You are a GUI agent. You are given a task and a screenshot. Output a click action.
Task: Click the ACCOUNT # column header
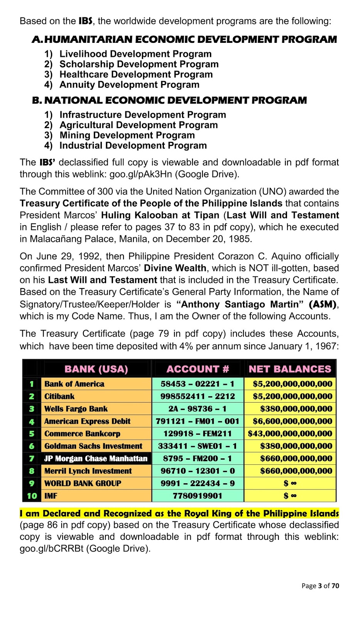[x=198, y=369]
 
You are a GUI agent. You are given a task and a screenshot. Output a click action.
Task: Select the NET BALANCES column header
[x=290, y=369]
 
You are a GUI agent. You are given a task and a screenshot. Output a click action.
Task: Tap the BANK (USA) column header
[x=96, y=369]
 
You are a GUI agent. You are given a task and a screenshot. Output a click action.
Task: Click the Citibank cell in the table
[x=59, y=396]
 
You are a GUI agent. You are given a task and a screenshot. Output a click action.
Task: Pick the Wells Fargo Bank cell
[x=76, y=409]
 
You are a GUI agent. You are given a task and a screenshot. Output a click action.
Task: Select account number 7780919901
[x=198, y=496]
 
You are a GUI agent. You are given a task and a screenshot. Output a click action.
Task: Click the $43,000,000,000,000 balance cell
[x=290, y=433]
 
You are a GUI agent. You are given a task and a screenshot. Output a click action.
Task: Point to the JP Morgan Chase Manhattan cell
[x=96, y=459]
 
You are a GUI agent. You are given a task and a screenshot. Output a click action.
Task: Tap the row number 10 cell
[x=32, y=496]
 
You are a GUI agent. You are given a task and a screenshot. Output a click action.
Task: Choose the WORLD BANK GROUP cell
[x=83, y=484]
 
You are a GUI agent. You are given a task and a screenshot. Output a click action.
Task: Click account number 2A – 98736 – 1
[x=198, y=409]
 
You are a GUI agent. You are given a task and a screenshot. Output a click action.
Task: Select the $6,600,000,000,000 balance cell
[x=292, y=421]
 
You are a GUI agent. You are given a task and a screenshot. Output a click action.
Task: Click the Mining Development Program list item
[x=127, y=135]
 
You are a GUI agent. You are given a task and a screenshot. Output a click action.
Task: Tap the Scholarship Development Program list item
[x=139, y=64]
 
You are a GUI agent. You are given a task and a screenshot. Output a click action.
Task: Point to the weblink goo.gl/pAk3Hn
[x=141, y=174]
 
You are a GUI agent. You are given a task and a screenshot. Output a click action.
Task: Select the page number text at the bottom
[x=320, y=586]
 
